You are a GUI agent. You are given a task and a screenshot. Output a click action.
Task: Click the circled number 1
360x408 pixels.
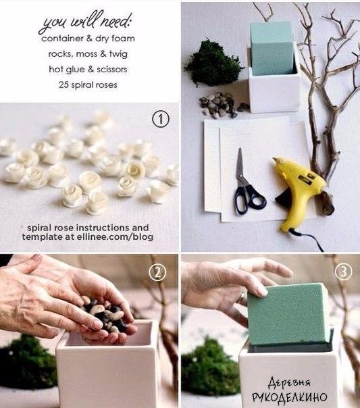click(161, 119)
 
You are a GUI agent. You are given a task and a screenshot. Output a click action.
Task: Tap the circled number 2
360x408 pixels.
click(157, 272)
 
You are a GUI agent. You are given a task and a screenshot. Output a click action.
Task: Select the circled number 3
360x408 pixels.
click(343, 272)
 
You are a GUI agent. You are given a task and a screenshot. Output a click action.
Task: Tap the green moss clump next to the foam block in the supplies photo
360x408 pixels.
click(213, 63)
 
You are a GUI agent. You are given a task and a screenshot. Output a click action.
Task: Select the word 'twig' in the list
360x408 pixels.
click(118, 55)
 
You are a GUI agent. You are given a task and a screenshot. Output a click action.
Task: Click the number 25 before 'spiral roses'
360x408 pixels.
click(63, 85)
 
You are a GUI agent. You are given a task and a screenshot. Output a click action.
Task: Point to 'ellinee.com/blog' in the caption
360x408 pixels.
click(115, 237)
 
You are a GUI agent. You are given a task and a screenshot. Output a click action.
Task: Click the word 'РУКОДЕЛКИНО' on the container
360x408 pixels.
click(290, 397)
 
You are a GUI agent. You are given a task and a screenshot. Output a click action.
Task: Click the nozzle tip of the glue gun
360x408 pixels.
click(275, 159)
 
